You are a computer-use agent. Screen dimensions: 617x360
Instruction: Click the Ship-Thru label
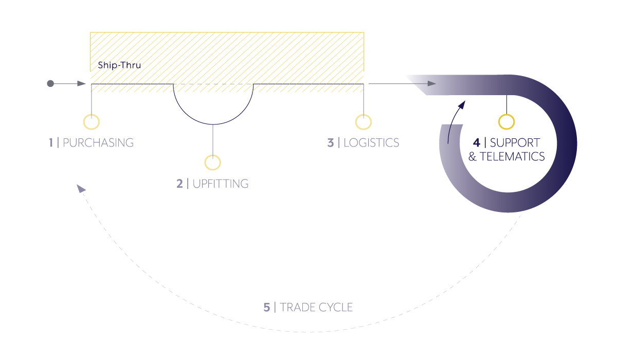pos(119,65)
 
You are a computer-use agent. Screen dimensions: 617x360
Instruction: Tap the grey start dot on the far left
pos(50,83)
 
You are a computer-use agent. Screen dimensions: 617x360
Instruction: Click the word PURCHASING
pos(98,142)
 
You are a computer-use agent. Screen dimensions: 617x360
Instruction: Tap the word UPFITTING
pos(221,184)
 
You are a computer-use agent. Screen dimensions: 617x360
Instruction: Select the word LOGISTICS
pos(371,142)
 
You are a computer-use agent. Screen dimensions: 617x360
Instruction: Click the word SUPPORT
pos(515,142)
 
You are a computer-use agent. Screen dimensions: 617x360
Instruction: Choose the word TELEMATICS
pos(512,156)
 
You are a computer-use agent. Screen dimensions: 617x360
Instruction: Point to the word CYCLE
pos(335,308)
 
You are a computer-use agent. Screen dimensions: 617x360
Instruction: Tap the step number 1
pos(51,142)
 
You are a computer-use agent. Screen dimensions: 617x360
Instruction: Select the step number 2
pos(179,184)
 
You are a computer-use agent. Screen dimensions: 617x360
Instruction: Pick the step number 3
pos(331,142)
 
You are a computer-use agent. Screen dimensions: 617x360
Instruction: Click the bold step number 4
pos(477,142)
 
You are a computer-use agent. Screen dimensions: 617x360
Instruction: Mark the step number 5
pos(267,308)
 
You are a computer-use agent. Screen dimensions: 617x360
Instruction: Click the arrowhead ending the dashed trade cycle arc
pos(81,188)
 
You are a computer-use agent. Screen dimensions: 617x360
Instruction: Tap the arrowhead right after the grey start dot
pos(82,83)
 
